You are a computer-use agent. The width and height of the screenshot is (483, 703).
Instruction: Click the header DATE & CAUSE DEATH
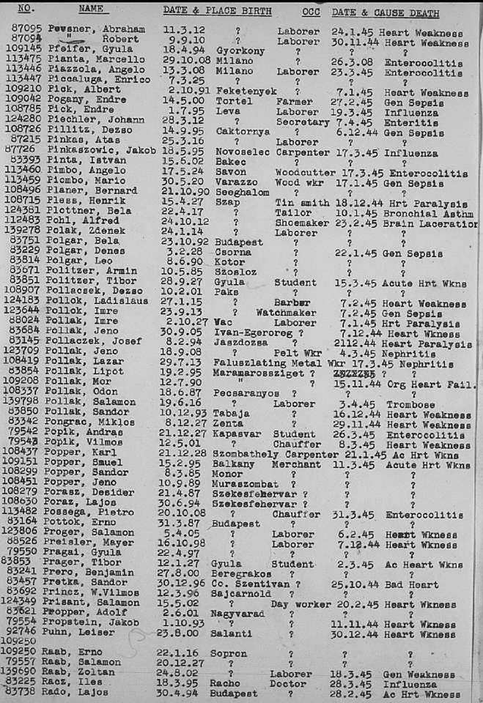385,13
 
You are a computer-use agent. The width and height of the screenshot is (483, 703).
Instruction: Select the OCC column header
310,12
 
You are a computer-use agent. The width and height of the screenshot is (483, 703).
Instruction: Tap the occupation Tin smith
300,203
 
